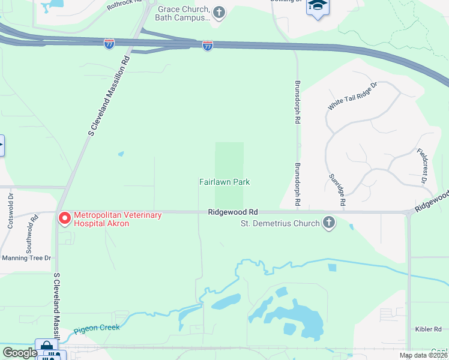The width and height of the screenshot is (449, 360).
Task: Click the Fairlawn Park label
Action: (x=224, y=182)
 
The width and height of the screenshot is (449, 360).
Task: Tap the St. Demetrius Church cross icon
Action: (x=328, y=223)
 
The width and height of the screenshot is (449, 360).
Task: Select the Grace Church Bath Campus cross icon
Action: (x=219, y=11)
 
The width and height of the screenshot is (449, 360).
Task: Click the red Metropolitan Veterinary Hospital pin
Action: (x=64, y=218)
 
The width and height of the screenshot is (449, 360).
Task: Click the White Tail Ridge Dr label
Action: (x=352, y=96)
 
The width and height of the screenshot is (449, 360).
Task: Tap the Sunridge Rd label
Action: (x=337, y=191)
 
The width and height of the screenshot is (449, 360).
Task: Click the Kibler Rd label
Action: (x=429, y=329)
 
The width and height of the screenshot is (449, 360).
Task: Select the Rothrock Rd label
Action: (x=123, y=6)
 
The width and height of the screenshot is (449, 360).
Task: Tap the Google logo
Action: (x=19, y=353)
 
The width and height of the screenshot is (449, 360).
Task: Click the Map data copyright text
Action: (x=424, y=355)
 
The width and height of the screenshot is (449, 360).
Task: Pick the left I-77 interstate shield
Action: (x=109, y=44)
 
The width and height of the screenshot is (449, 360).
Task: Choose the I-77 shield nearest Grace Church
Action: (x=207, y=46)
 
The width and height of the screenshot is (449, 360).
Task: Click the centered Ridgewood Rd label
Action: (x=233, y=212)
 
